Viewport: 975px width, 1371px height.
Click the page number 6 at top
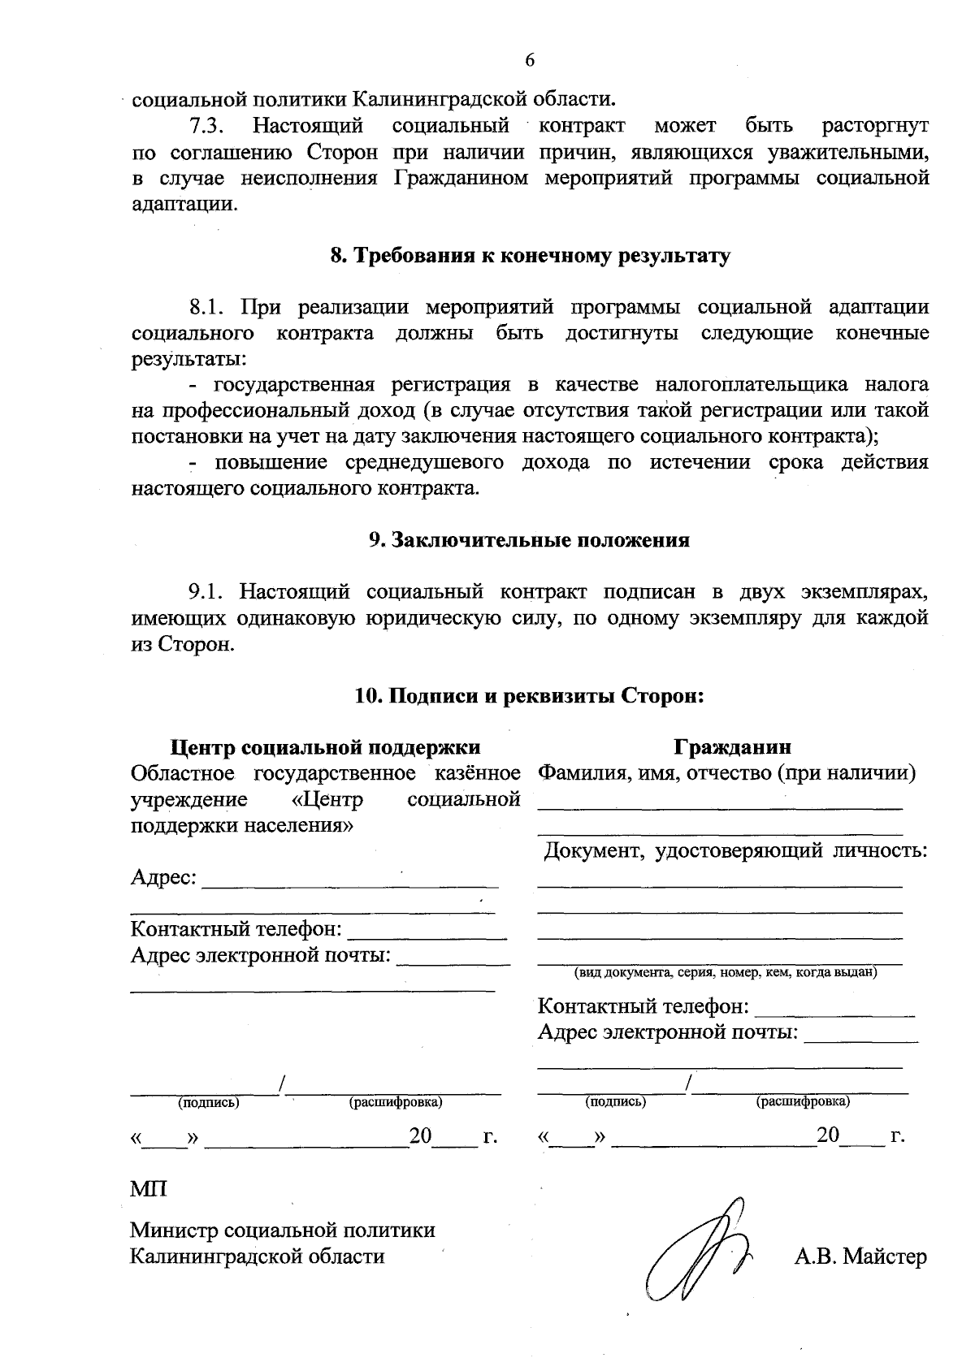530,60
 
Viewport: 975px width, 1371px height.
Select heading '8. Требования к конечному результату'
530,256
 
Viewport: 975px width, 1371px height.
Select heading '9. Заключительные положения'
529,540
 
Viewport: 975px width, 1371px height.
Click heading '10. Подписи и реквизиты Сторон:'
529,696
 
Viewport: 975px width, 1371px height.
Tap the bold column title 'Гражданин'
732,746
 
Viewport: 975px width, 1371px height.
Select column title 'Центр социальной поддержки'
325,746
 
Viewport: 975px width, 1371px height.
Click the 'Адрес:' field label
163,878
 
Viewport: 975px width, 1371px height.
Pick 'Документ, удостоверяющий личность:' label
735,851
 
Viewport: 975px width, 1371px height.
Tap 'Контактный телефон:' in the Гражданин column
643,1007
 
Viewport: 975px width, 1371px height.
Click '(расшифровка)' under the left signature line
396,1103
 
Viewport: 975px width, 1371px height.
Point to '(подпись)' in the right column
615,1103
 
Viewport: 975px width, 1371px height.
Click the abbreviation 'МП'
149,1190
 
